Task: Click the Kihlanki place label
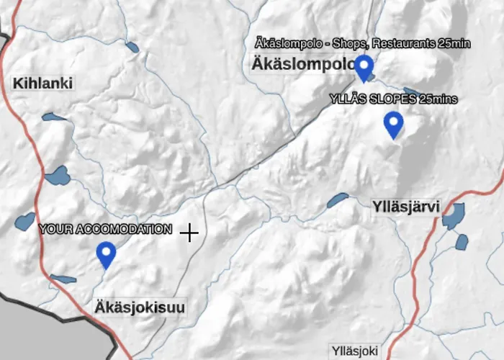[43, 84]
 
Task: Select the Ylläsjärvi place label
[407, 207]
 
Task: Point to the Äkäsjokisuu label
[140, 308]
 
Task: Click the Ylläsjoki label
[354, 351]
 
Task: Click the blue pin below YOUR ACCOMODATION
[107, 253]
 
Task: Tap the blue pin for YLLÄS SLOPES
[393, 124]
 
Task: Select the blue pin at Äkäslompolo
[364, 67]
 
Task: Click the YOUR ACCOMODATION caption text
[106, 230]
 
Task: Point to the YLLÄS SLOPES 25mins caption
[393, 99]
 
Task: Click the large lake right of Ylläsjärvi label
[454, 215]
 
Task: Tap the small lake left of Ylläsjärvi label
[337, 200]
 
